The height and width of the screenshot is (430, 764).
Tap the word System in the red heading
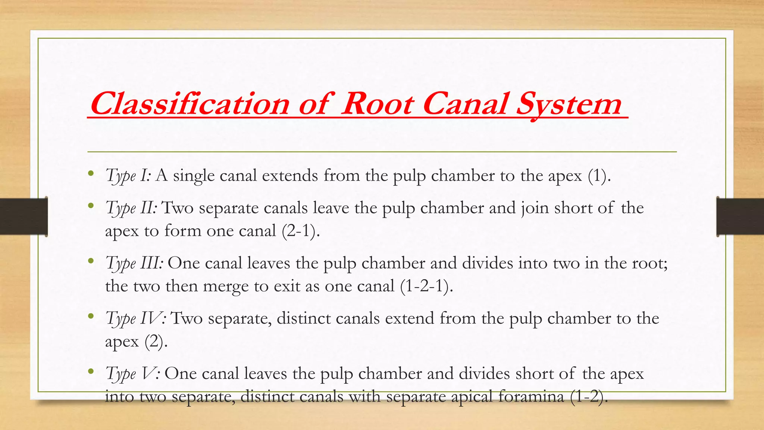(x=569, y=105)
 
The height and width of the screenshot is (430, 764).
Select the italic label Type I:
(x=128, y=175)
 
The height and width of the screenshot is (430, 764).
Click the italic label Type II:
(x=131, y=208)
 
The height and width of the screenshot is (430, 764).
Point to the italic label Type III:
(x=134, y=263)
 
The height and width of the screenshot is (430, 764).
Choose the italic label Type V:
(x=133, y=373)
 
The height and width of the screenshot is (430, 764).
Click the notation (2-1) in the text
(x=301, y=231)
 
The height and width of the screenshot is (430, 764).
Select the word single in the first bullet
(x=194, y=176)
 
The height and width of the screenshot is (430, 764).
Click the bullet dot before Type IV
(x=91, y=317)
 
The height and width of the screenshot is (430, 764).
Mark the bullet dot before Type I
(x=91, y=174)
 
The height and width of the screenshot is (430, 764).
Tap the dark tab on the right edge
(x=740, y=216)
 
